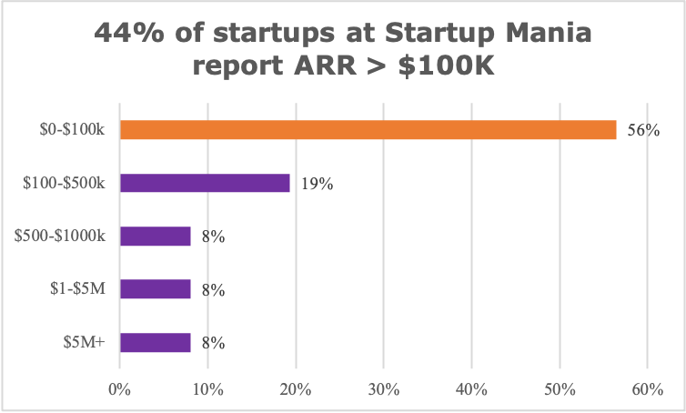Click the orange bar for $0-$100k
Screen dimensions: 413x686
click(x=368, y=130)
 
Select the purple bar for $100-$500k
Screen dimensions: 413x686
click(x=205, y=183)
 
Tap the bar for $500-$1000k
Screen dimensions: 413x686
click(x=155, y=237)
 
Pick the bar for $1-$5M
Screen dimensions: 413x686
click(x=155, y=289)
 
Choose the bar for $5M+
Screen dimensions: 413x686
click(x=155, y=342)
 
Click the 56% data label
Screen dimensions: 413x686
click(x=642, y=131)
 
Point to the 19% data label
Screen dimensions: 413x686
click(x=317, y=184)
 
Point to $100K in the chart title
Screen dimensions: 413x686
click(x=452, y=70)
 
